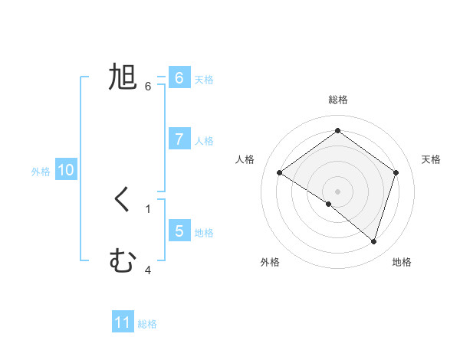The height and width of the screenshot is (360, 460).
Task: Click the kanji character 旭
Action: tap(123, 78)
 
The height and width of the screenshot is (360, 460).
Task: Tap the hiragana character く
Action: tap(123, 201)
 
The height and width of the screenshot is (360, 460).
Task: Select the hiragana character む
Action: tap(123, 262)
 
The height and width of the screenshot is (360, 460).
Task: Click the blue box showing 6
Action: tap(179, 78)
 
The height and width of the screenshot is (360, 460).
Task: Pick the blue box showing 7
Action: tap(179, 139)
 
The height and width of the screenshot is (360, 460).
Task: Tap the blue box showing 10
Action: tap(66, 170)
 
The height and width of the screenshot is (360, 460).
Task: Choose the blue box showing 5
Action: tap(179, 231)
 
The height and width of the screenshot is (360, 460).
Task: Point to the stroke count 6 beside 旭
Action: tap(148, 86)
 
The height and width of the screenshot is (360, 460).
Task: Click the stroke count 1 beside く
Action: tap(148, 208)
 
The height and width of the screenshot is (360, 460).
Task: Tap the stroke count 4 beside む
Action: tap(148, 270)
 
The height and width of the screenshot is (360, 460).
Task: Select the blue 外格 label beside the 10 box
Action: tap(41, 172)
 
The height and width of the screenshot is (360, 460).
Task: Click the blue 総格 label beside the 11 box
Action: tap(147, 324)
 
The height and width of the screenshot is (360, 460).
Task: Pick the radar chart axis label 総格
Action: tap(337, 100)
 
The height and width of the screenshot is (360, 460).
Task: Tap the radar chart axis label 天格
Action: tap(431, 159)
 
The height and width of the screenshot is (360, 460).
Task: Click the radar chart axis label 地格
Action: tap(402, 262)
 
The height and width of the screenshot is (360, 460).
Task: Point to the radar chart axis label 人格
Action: tap(245, 159)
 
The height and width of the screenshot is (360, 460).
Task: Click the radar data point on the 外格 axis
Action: tap(329, 204)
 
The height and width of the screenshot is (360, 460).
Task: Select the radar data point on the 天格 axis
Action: tap(396, 172)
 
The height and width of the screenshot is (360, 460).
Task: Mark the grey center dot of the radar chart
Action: tap(337, 191)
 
